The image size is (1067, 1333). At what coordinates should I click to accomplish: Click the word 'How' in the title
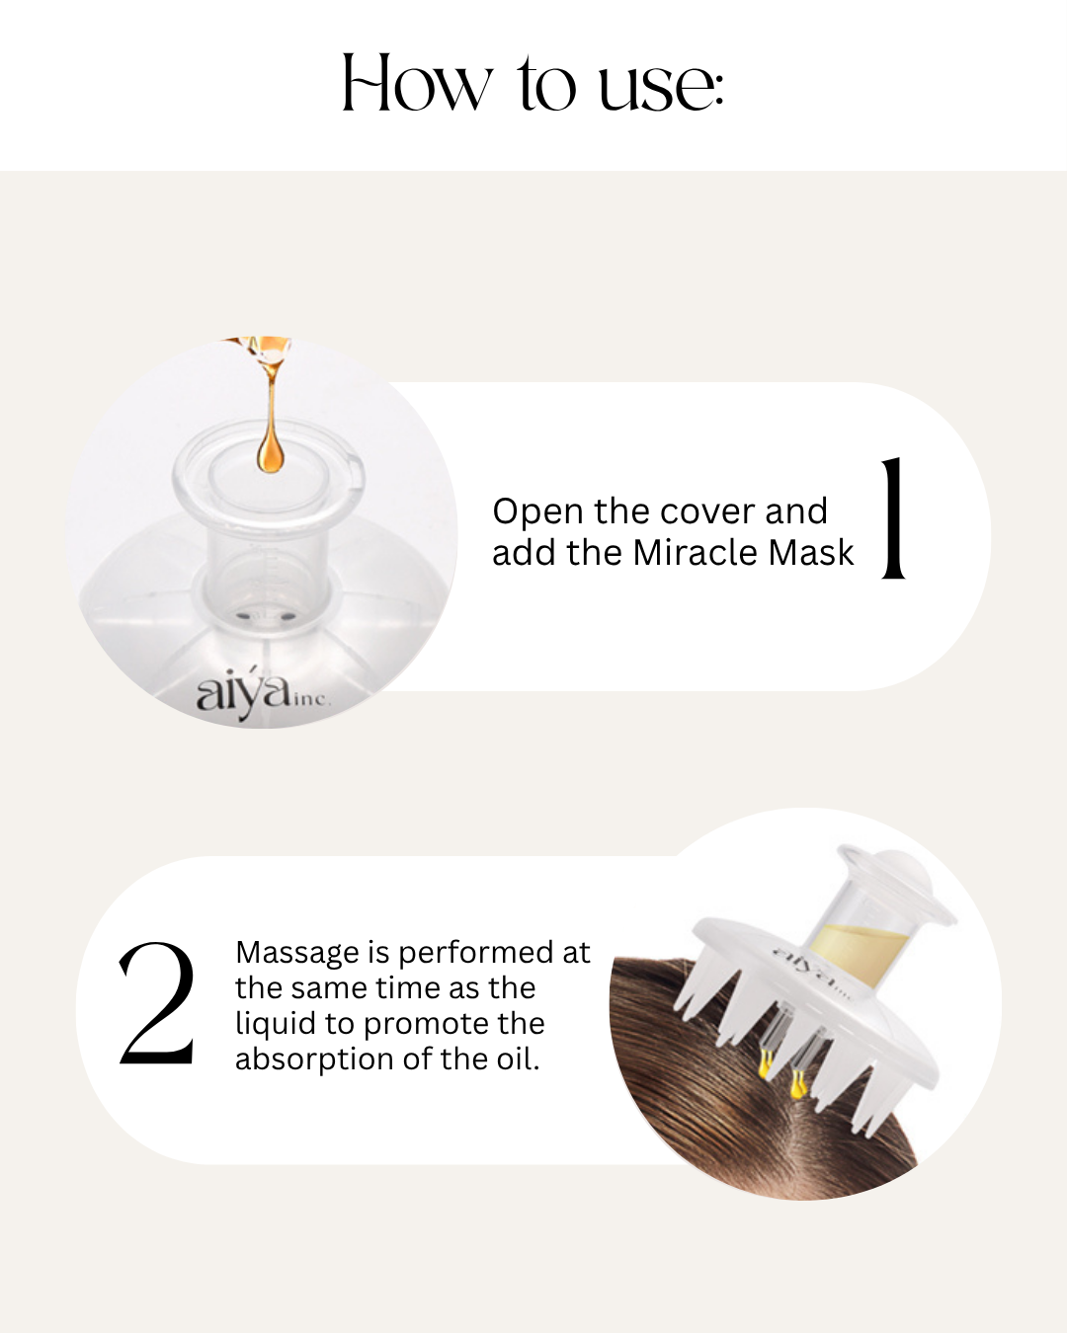pyautogui.click(x=416, y=84)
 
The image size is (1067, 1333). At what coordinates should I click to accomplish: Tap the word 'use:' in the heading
pyautogui.click(x=661, y=87)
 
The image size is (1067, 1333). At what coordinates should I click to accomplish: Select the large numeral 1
pyautogui.click(x=894, y=517)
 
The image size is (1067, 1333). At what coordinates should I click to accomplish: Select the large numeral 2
pyautogui.click(x=157, y=1004)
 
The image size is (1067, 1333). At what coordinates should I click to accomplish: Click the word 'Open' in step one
pyautogui.click(x=537, y=512)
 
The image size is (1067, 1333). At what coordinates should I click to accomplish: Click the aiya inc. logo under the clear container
pyautogui.click(x=259, y=694)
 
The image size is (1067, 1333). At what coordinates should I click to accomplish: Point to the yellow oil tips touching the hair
pyautogui.click(x=780, y=1076)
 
